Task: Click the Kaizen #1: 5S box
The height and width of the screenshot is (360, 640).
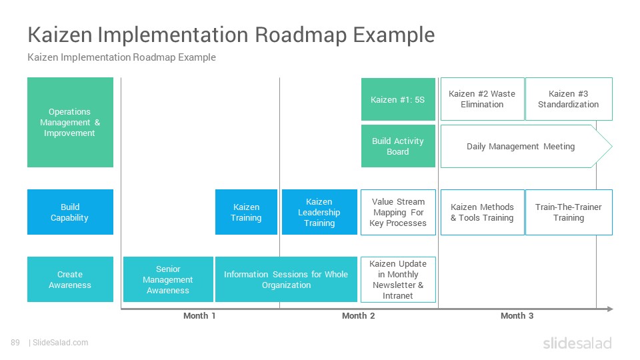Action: (x=398, y=99)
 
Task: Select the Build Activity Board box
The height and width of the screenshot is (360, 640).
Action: (x=398, y=146)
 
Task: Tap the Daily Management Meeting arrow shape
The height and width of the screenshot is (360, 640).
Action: (x=527, y=146)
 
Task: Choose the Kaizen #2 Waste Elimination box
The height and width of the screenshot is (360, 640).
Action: (x=482, y=99)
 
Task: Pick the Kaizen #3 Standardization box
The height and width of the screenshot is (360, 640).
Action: (x=569, y=99)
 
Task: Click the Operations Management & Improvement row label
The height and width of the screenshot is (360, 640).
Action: (x=70, y=123)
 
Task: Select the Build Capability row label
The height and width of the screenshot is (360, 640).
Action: (x=70, y=212)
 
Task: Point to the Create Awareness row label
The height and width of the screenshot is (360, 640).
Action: (x=70, y=279)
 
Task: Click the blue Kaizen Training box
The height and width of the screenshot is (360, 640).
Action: (x=246, y=212)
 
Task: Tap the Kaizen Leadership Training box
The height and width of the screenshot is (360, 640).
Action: (x=319, y=212)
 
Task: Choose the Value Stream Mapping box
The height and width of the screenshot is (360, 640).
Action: (x=398, y=212)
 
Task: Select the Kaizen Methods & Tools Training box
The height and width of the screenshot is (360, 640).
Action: (x=482, y=212)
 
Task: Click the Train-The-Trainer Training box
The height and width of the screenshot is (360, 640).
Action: (x=569, y=212)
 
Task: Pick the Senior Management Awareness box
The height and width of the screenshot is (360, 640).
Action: (x=168, y=279)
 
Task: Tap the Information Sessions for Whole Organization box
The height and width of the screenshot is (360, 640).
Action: (x=286, y=279)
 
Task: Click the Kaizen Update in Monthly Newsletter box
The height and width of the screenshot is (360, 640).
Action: (x=398, y=279)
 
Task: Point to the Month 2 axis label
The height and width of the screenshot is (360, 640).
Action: (x=359, y=315)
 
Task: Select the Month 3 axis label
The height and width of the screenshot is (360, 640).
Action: (x=517, y=315)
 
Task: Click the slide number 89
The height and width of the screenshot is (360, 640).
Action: (x=15, y=343)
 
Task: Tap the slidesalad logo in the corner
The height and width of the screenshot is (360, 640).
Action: (x=577, y=343)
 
